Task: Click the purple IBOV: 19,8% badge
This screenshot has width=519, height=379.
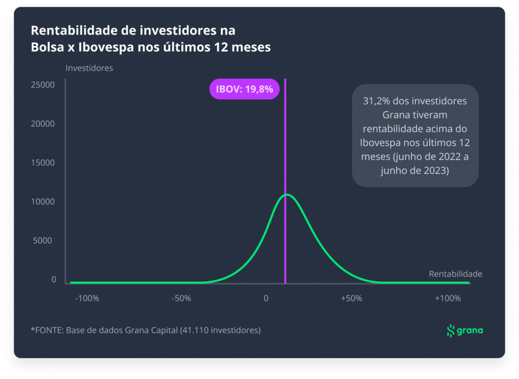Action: [x=244, y=89]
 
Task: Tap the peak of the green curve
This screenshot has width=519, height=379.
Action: [x=287, y=195]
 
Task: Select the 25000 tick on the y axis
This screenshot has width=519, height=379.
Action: [x=43, y=85]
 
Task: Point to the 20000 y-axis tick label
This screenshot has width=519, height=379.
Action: [x=43, y=124]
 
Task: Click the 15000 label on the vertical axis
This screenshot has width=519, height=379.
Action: [x=43, y=163]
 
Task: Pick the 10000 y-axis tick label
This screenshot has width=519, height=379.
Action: [x=43, y=202]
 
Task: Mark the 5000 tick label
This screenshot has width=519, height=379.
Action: [x=43, y=241]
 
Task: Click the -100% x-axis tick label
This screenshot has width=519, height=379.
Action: [x=87, y=298]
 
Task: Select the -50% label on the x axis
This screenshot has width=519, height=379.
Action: [x=181, y=298]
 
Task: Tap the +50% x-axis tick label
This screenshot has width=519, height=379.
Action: [x=352, y=298]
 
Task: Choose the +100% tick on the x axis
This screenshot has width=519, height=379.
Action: [x=448, y=298]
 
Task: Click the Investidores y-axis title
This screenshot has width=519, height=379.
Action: [x=89, y=68]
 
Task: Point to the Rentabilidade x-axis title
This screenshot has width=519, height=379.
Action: [x=456, y=274]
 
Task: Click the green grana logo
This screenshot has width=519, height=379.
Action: [x=465, y=330]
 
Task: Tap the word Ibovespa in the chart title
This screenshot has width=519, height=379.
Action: [x=106, y=47]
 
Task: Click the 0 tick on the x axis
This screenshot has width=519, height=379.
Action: [x=266, y=298]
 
